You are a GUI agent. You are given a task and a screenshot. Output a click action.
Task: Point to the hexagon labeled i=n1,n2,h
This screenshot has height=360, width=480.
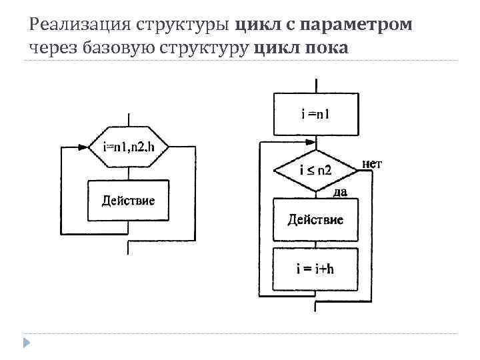(128, 147)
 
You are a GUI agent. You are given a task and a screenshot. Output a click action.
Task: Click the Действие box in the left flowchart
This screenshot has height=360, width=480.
(128, 200)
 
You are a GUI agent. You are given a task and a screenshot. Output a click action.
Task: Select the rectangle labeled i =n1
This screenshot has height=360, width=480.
(315, 114)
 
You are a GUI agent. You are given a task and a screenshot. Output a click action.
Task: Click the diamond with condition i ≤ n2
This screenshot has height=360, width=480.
(315, 171)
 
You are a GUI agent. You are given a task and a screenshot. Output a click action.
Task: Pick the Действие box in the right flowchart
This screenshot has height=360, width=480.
(315, 219)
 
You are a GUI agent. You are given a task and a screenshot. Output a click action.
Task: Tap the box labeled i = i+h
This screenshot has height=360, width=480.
(315, 269)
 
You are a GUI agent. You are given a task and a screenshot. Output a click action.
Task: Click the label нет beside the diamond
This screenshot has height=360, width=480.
(371, 163)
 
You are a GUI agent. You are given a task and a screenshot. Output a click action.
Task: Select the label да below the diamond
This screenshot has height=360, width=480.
(339, 192)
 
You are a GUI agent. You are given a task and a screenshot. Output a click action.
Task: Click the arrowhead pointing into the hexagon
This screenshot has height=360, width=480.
(84, 147)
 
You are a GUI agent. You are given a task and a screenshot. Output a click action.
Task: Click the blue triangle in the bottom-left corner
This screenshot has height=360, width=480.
(26, 343)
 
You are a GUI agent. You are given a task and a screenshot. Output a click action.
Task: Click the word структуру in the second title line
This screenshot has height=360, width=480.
(210, 48)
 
